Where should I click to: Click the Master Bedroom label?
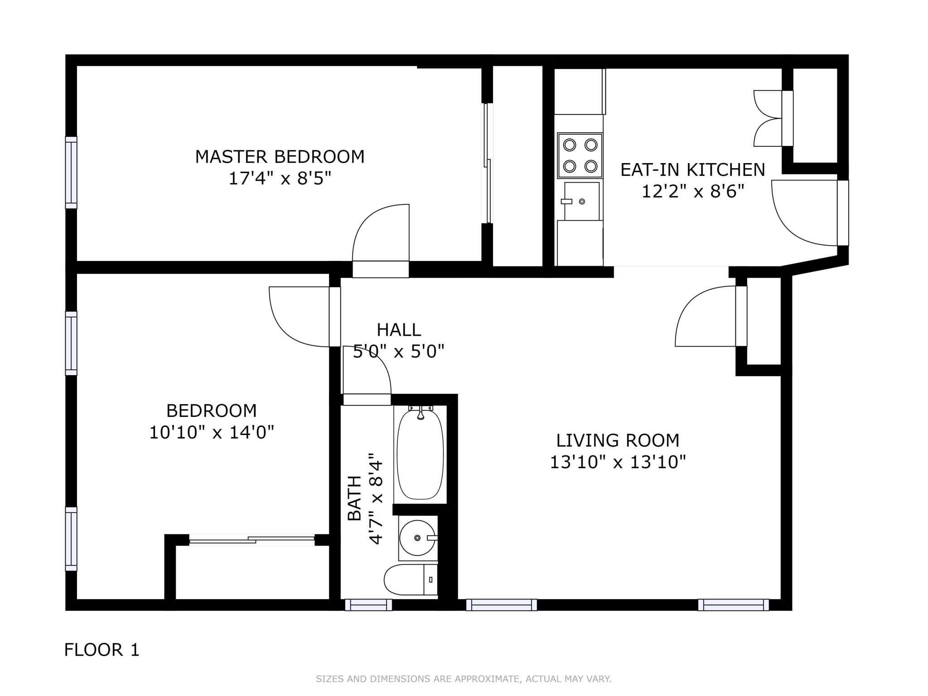click(280, 157)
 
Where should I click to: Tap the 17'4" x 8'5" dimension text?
click(280, 179)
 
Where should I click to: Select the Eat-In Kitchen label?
click(692, 170)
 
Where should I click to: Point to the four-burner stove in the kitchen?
click(580, 155)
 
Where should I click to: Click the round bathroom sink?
click(418, 538)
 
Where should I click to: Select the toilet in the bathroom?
click(411, 580)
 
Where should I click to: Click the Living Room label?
click(618, 440)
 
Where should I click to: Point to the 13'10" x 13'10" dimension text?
click(618, 462)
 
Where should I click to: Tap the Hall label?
click(399, 330)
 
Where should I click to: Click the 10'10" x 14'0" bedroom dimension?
click(212, 432)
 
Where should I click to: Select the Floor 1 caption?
click(102, 650)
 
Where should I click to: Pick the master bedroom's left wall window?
click(71, 173)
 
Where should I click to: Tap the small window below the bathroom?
click(368, 605)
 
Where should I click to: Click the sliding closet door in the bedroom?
click(252, 540)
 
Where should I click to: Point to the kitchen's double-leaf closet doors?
click(768, 118)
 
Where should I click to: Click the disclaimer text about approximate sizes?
click(464, 679)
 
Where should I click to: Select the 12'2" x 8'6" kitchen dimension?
click(693, 192)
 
